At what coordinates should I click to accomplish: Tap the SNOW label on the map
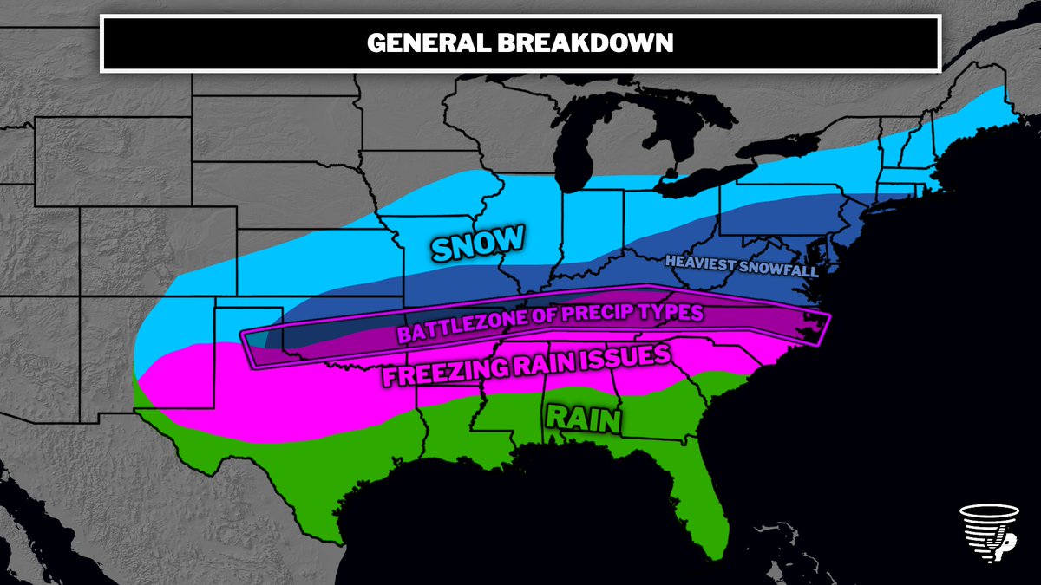(479, 244)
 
